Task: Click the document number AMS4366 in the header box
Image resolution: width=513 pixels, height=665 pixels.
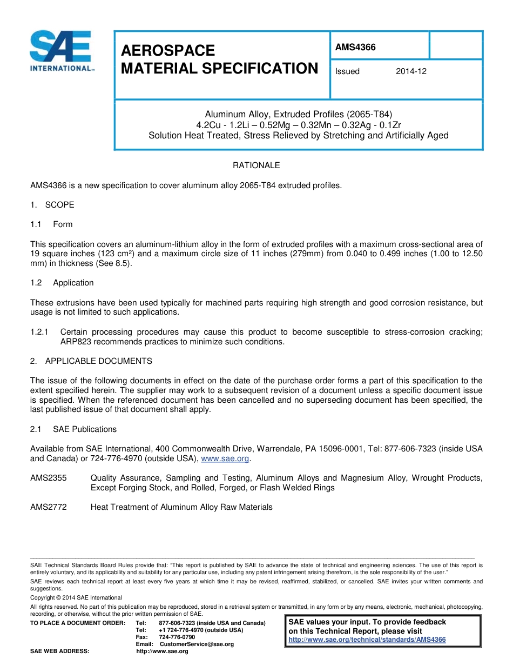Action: coord(355,47)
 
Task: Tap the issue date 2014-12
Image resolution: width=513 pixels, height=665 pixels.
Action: coord(411,71)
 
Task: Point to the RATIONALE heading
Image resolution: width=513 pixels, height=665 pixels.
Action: coord(256,165)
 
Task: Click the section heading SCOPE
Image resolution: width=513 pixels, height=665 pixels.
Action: coord(59,205)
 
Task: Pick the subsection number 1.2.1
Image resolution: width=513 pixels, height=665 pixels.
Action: coord(39,332)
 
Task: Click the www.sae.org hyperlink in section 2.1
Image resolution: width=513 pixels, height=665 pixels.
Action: coord(225,458)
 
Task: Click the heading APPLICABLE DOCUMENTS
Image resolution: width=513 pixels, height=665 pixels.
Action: coord(99,361)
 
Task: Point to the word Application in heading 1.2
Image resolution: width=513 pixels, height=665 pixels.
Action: coord(73,283)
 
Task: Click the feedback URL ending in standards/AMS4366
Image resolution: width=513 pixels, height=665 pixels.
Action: coord(367,640)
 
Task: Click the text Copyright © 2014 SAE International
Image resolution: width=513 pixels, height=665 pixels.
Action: coord(76,597)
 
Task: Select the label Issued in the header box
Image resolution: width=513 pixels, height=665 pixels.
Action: coord(347,71)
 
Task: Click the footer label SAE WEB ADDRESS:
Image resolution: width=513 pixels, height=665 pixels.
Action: coord(60,651)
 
